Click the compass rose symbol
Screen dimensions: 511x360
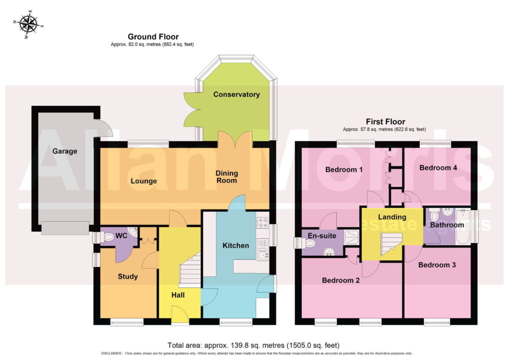pyautogui.click(x=28, y=24)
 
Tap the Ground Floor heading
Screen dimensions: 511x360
pyautogui.click(x=153, y=36)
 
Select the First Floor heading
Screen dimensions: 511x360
pyautogui.click(x=385, y=122)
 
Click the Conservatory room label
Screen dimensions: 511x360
pyautogui.click(x=236, y=94)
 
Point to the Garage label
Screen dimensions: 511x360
pyautogui.click(x=64, y=151)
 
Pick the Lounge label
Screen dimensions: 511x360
pyautogui.click(x=144, y=181)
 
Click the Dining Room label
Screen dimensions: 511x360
pyautogui.click(x=227, y=177)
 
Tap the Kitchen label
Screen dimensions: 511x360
pyautogui.click(x=236, y=246)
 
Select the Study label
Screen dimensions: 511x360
pyautogui.click(x=128, y=277)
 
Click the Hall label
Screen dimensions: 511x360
pyautogui.click(x=178, y=295)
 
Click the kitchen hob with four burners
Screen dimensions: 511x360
pyautogui.click(x=262, y=222)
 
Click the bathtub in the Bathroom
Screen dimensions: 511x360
pyautogui.click(x=463, y=227)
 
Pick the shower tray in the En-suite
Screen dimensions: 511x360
pyautogui.click(x=351, y=237)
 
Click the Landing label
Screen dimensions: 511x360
pyautogui.click(x=392, y=217)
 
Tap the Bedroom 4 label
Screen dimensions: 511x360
pyautogui.click(x=438, y=168)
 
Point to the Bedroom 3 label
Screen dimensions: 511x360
pyautogui.click(x=437, y=265)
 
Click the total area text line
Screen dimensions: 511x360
pyautogui.click(x=254, y=346)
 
